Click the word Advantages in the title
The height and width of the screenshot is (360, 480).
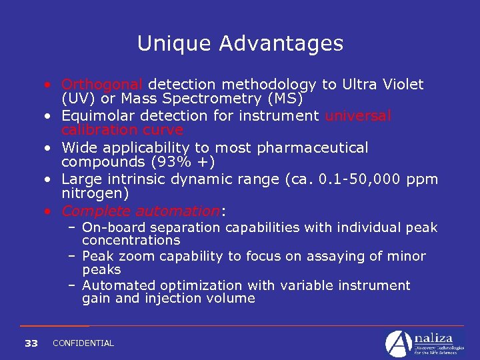click(x=279, y=43)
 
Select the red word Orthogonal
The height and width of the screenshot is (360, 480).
click(x=102, y=85)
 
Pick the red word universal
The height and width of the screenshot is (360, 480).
click(x=358, y=116)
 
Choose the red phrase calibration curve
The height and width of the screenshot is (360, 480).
click(x=122, y=130)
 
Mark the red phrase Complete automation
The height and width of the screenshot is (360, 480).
click(x=140, y=211)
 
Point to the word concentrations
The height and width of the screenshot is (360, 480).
click(x=131, y=241)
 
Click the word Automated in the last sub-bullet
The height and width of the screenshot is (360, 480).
click(x=115, y=286)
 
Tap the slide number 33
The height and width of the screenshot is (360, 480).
click(x=31, y=343)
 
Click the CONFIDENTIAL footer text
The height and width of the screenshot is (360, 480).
click(x=83, y=343)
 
